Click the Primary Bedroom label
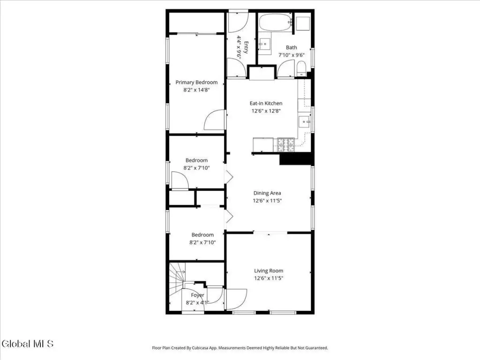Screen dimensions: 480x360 (x=196, y=82)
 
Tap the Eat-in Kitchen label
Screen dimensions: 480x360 (x=266, y=104)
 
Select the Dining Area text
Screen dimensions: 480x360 (x=267, y=193)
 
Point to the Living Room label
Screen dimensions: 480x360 (x=269, y=271)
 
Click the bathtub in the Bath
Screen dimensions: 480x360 (x=276, y=22)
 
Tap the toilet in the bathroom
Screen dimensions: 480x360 (x=301, y=68)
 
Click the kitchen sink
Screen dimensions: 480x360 (x=305, y=121)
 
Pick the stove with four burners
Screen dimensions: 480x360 (x=286, y=145)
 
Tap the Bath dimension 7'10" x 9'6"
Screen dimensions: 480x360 (x=292, y=55)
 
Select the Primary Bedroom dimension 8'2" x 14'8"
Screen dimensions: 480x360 (x=196, y=90)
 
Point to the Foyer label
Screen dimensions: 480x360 (x=197, y=295)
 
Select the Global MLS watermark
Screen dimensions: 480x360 (x=28, y=344)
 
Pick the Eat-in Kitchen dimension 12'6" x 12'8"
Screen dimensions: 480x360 (x=266, y=111)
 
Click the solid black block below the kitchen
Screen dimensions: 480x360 (x=296, y=159)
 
